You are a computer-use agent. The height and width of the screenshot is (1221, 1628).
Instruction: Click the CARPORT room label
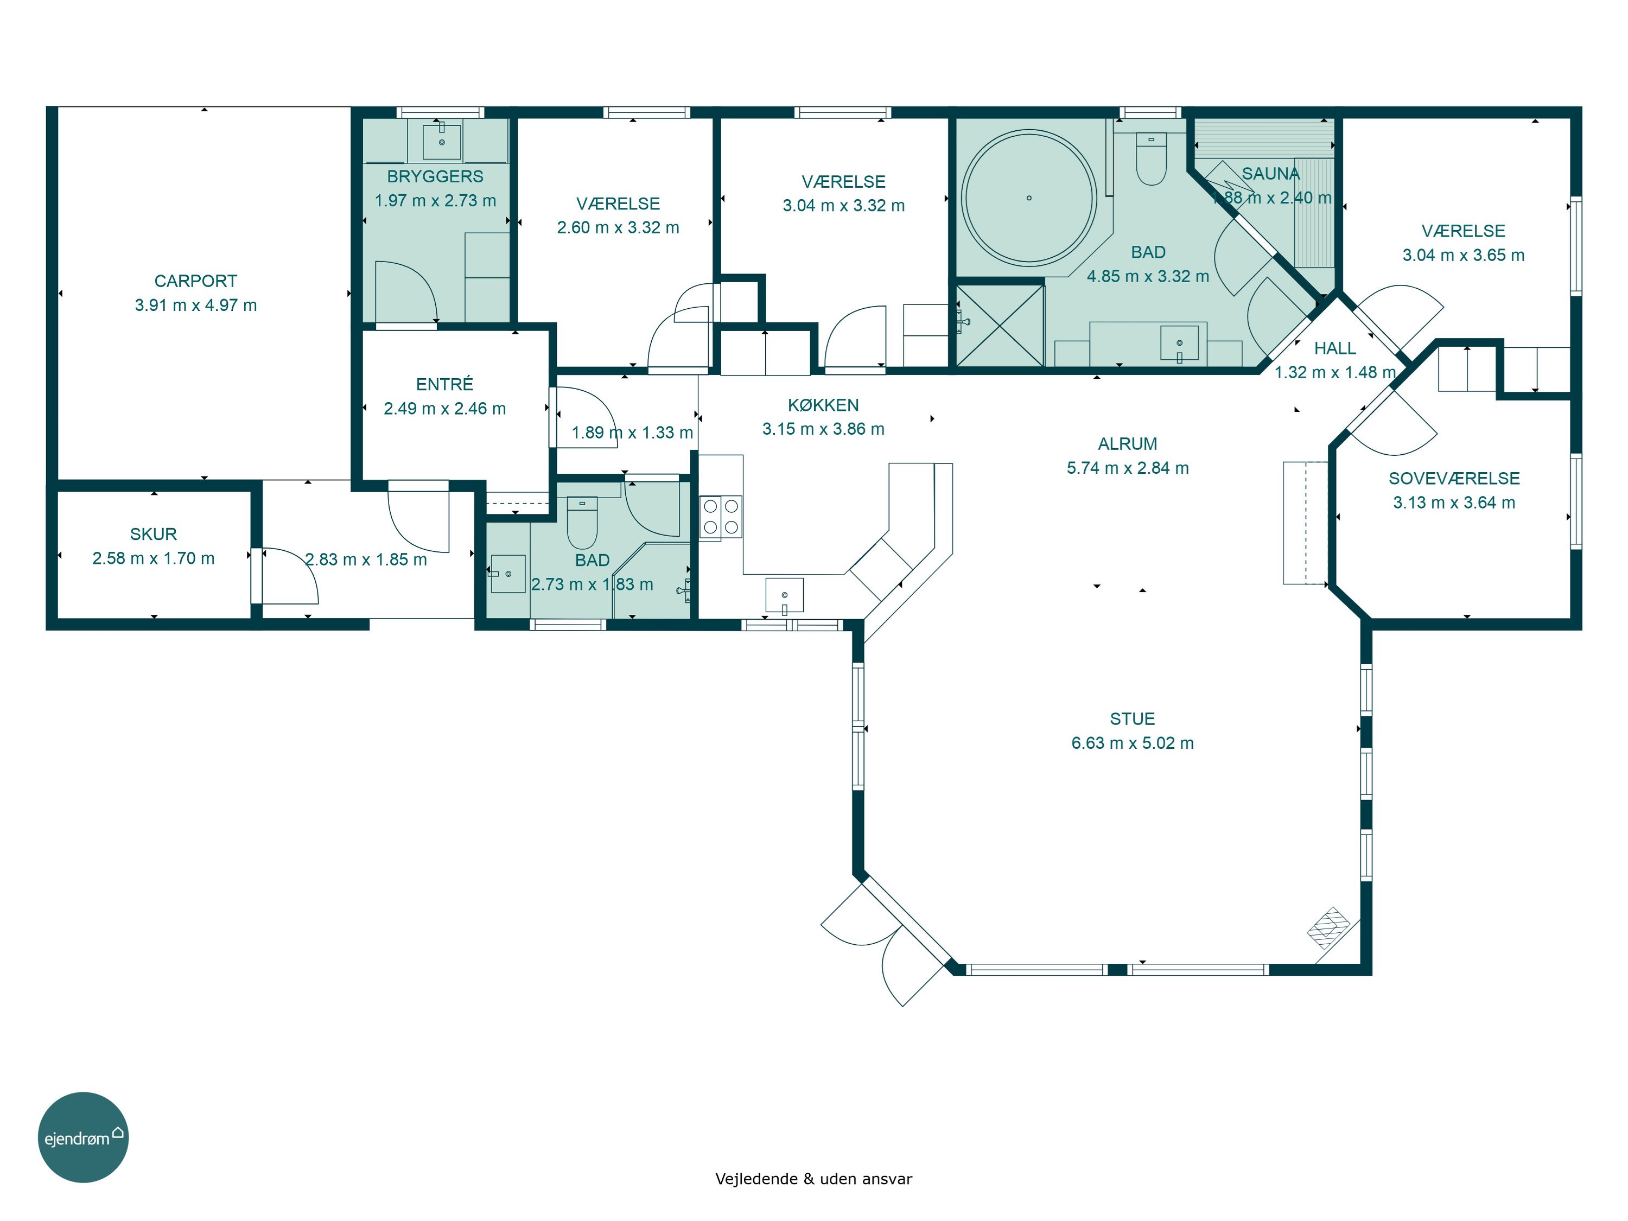pos(196,281)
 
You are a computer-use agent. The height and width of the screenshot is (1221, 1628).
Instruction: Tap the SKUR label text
pos(153,535)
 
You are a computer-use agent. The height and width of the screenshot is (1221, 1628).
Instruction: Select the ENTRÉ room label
pos(444,384)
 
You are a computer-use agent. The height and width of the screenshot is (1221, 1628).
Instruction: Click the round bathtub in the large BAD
pos(1029,198)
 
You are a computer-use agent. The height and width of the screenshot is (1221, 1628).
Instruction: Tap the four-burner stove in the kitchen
pos(721,517)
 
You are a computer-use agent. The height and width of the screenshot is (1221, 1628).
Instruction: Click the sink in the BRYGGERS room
pos(442,141)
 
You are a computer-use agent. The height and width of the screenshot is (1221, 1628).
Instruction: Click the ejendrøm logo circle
pos(83,1137)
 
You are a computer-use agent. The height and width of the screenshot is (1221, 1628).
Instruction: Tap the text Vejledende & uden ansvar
pos(813,1179)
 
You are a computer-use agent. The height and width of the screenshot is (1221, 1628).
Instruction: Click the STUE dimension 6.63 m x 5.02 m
pos(1132,743)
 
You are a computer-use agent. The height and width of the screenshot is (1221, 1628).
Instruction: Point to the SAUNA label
pos(1271,174)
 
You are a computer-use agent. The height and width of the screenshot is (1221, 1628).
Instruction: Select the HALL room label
pos(1335,348)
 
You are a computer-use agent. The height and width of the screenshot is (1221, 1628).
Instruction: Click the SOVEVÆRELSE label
pos(1454,479)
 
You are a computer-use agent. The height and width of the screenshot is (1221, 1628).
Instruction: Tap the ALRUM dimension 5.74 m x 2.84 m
pos(1128,468)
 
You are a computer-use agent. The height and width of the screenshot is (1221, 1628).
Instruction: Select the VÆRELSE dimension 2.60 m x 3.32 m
pos(618,228)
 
